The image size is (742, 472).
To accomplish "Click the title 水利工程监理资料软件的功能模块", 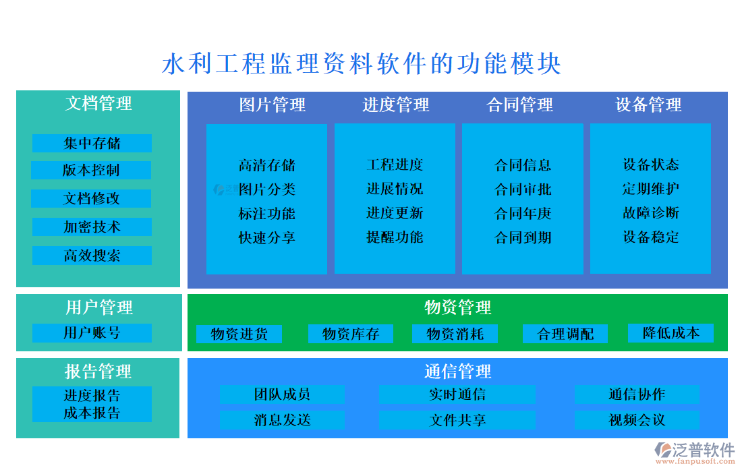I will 362,64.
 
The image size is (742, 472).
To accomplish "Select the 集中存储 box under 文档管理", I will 92,143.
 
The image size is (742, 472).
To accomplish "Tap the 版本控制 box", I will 91,171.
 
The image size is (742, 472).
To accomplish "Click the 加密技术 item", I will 92,227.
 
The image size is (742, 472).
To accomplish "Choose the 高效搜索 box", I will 92,256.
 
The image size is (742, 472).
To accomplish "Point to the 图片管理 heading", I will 272,105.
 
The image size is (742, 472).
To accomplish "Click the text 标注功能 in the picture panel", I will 266,214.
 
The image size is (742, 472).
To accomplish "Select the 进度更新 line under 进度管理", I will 395,213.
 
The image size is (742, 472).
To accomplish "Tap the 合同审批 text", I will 523,189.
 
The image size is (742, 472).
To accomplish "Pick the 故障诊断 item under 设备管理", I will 650,213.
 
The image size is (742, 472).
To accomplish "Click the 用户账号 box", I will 92,333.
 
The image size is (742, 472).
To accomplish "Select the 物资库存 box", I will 351,334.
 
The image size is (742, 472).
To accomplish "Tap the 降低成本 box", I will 670,333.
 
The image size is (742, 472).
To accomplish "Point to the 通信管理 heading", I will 457,371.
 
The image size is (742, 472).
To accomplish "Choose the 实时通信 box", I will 457,394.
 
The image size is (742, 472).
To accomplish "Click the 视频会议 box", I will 637,420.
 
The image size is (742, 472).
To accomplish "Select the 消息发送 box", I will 282,420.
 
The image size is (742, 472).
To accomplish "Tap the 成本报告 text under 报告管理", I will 92,413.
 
